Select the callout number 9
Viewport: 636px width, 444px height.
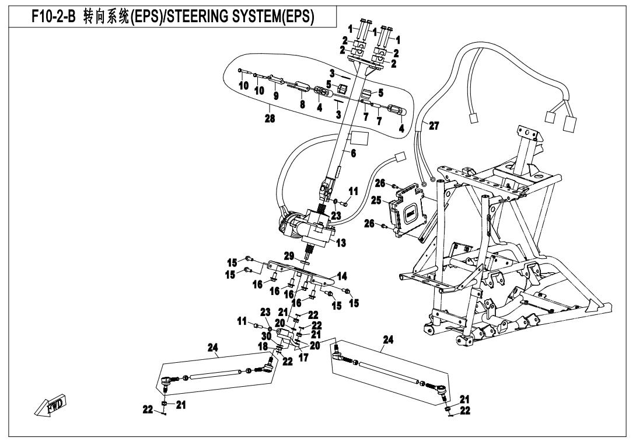tap(276, 95)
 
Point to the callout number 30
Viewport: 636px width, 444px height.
tap(265, 336)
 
